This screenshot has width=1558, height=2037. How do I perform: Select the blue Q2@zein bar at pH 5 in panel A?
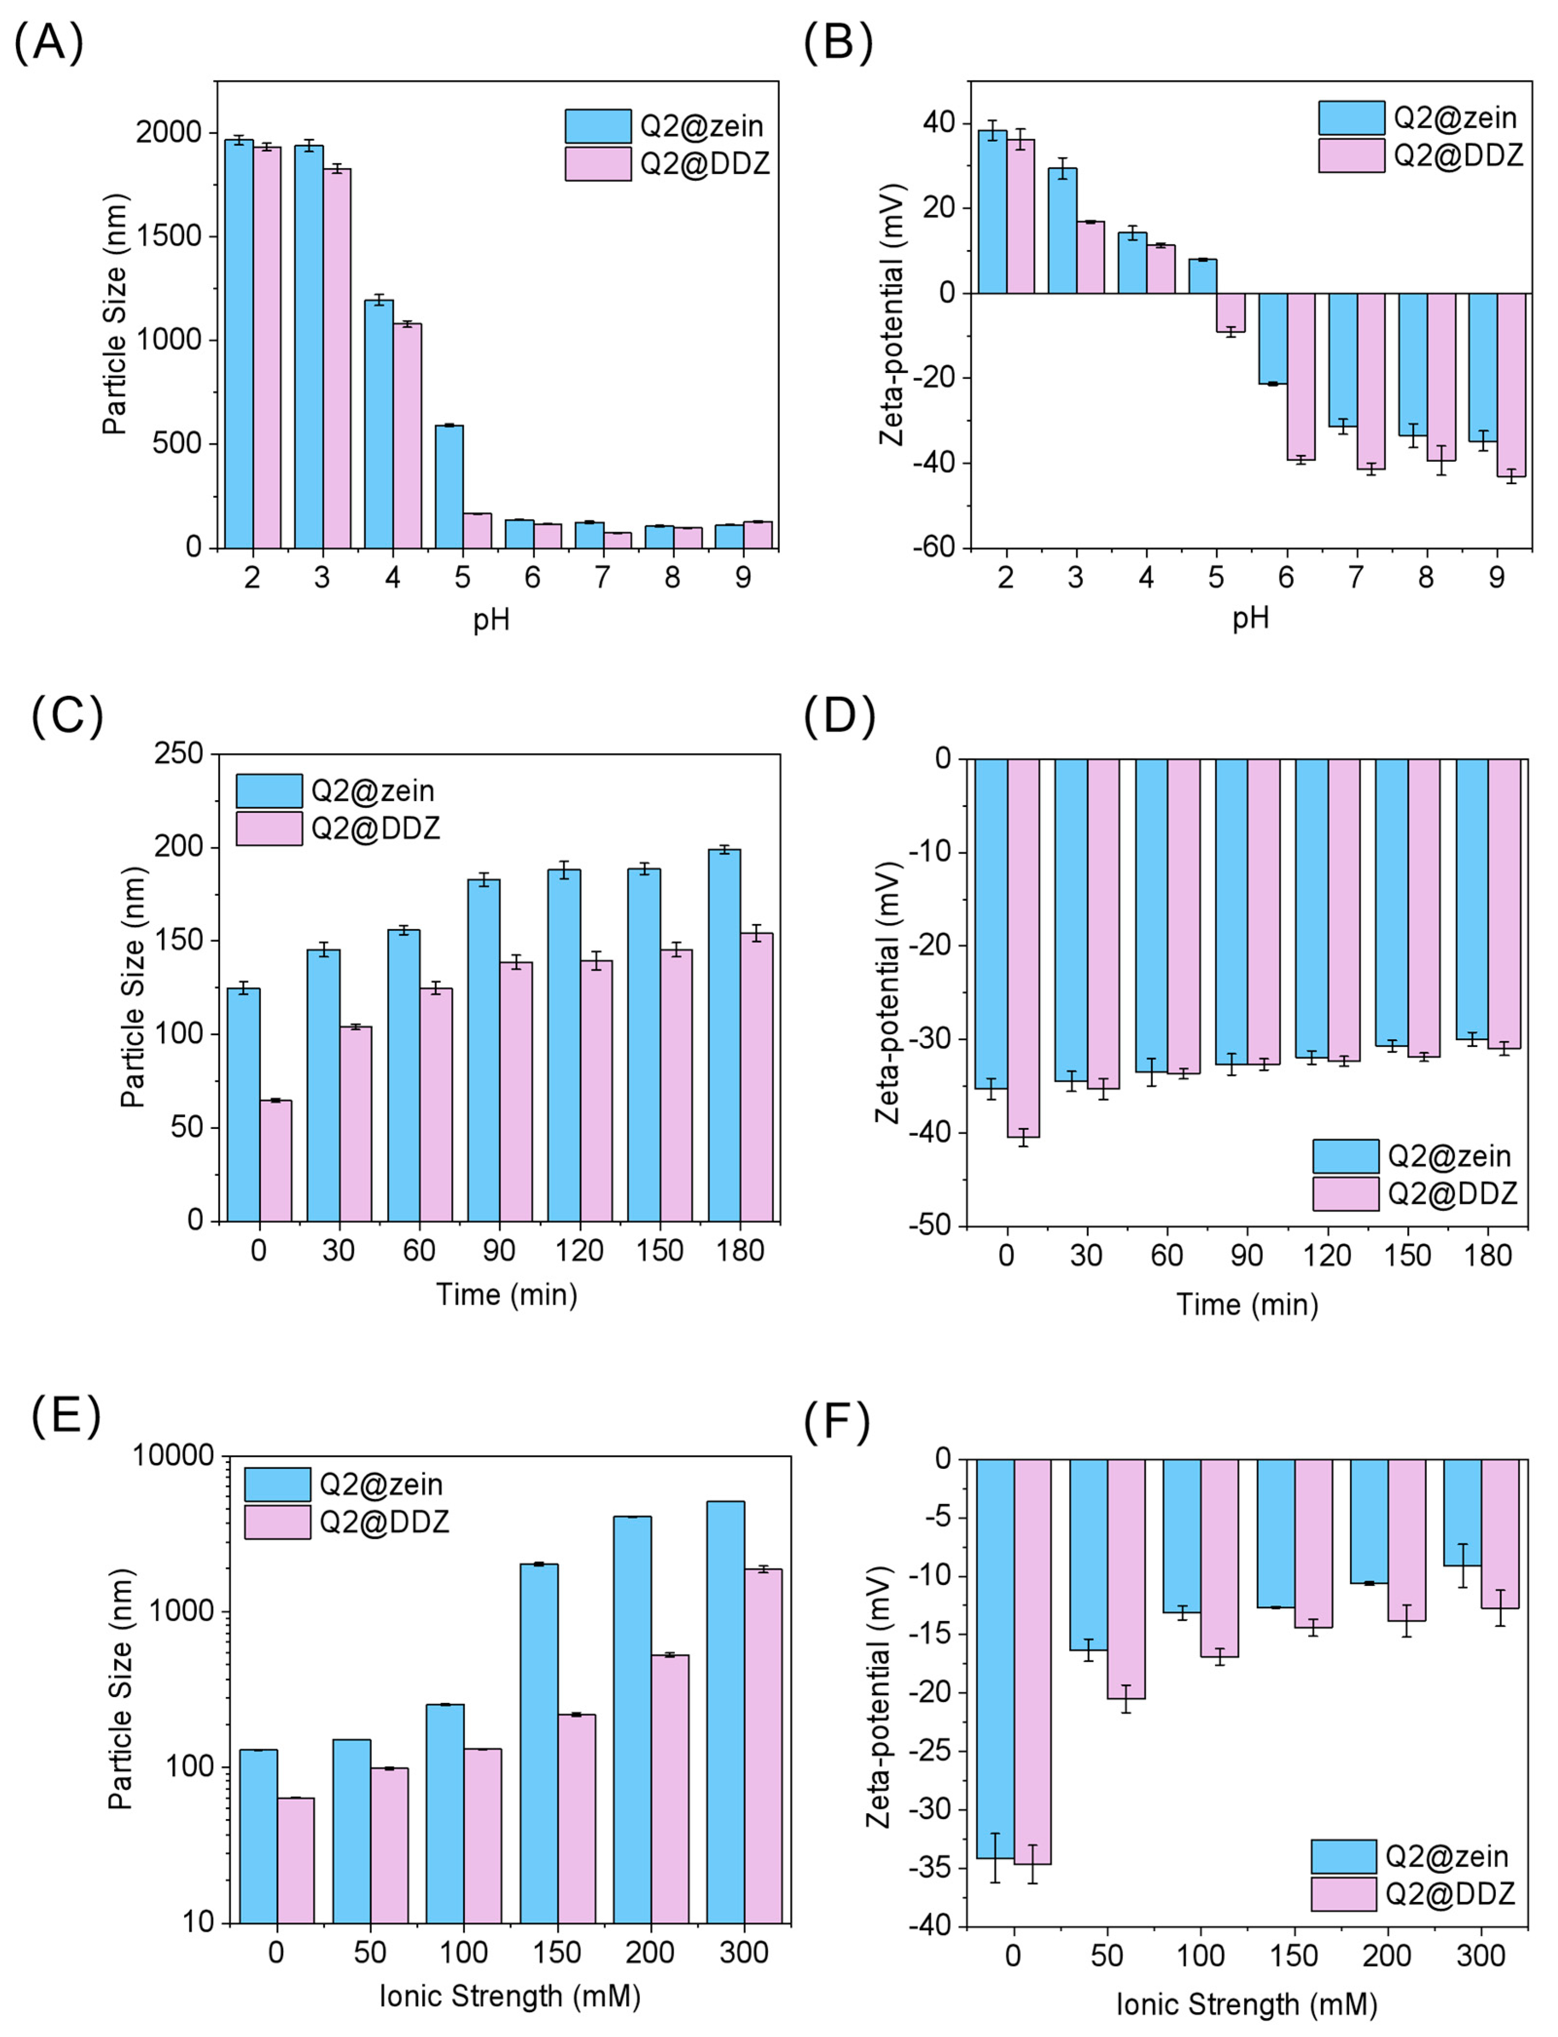449,487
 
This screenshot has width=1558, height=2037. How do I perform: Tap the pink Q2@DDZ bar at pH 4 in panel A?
407,436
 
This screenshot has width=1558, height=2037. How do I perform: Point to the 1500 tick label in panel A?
169,236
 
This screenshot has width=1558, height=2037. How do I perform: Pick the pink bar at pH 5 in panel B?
1231,312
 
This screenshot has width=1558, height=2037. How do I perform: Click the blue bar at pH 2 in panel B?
992,211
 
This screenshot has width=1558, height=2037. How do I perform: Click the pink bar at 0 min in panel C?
275,1161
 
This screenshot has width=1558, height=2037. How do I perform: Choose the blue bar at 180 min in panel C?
724,1036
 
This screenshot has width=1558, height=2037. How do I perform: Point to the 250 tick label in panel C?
179,754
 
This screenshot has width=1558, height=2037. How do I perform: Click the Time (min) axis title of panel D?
1247,1305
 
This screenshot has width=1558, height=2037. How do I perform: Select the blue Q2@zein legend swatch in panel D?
1346,1156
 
